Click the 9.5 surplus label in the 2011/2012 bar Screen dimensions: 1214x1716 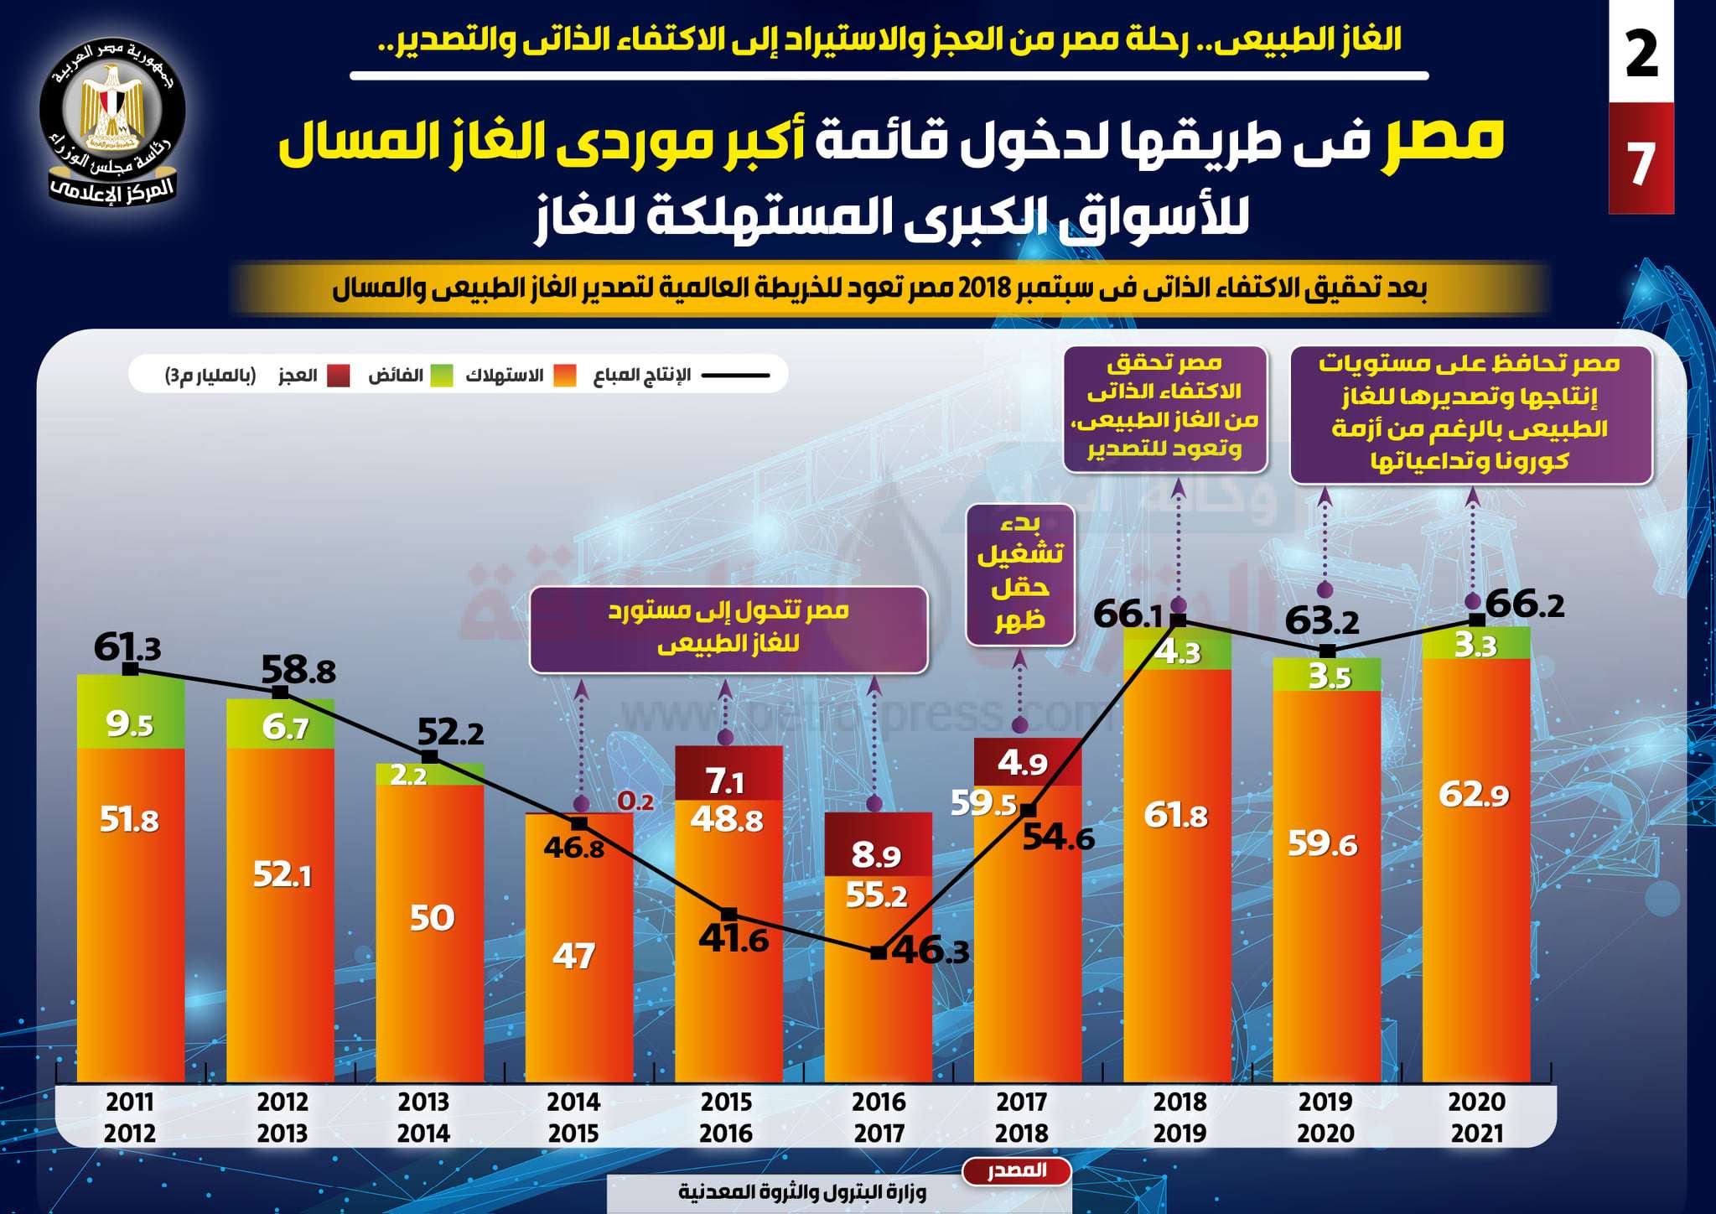pyautogui.click(x=130, y=724)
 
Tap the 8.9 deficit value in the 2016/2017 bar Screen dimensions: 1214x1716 pyautogui.click(x=876, y=855)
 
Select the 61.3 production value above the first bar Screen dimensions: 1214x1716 pyautogui.click(x=127, y=647)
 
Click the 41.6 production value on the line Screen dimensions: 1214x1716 pyautogui.click(x=734, y=939)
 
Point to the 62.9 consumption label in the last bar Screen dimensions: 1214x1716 pyautogui.click(x=1474, y=794)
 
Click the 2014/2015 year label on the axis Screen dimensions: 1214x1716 pyautogui.click(x=573, y=1117)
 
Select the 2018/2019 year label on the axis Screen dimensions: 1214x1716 pyautogui.click(x=1179, y=1117)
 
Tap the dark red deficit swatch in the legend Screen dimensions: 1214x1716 pyautogui.click(x=338, y=376)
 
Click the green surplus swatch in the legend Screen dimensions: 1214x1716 pyautogui.click(x=442, y=376)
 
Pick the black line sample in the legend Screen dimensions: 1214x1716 pyautogui.click(x=735, y=376)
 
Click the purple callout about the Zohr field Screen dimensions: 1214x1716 pyautogui.click(x=1020, y=574)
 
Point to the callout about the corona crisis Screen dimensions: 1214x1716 pyautogui.click(x=1470, y=414)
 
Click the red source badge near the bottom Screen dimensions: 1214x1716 pyautogui.click(x=1017, y=1170)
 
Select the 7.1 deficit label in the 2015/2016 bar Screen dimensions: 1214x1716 pyautogui.click(x=726, y=781)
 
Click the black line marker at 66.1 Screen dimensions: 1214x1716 pyautogui.click(x=1178, y=620)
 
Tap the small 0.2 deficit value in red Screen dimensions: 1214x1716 pyautogui.click(x=635, y=802)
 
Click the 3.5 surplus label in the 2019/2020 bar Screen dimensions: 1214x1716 pyautogui.click(x=1330, y=677)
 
